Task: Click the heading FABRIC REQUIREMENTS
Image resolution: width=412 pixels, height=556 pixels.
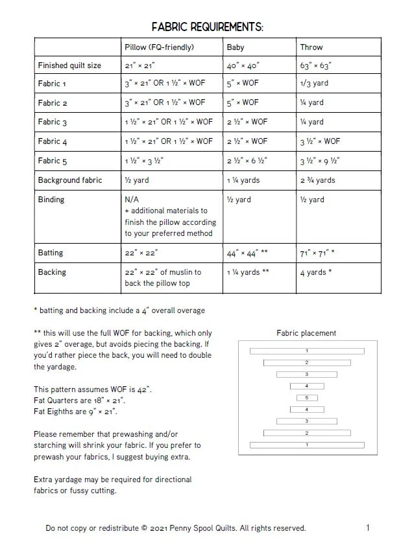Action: (x=207, y=27)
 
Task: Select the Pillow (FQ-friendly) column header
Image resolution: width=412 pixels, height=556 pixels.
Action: (x=159, y=47)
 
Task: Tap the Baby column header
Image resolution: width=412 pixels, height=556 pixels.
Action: (x=235, y=47)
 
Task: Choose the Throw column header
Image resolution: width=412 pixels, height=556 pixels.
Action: (x=311, y=47)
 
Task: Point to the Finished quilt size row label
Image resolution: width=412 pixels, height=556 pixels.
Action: (x=69, y=65)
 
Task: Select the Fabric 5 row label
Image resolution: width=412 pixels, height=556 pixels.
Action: (x=53, y=161)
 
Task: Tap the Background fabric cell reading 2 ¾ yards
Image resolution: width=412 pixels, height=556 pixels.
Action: (x=317, y=180)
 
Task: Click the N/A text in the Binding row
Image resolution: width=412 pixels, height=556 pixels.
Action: (x=132, y=200)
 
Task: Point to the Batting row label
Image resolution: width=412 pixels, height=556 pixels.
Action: (x=51, y=253)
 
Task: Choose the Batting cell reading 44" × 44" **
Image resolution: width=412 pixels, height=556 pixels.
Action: (x=247, y=253)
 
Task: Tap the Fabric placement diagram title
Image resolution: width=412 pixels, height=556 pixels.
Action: (x=306, y=333)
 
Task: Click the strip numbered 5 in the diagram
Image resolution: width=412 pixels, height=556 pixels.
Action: (x=306, y=398)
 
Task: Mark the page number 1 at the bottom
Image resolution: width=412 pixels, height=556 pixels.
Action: (x=368, y=527)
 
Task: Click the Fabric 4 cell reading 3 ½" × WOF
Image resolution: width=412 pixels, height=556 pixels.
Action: (x=320, y=141)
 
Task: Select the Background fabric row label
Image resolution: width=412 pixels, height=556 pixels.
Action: (x=70, y=180)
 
